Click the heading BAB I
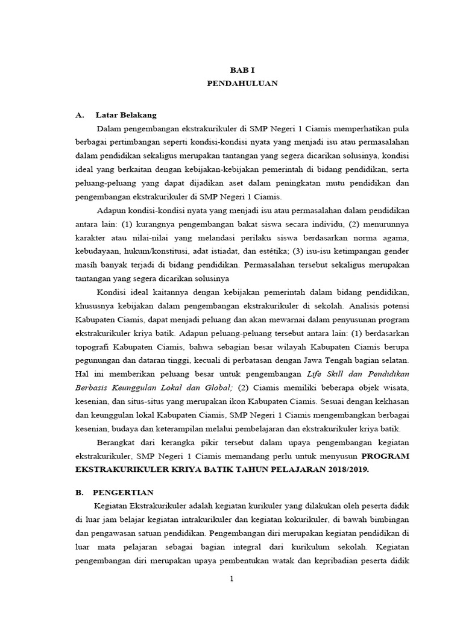pos(242,70)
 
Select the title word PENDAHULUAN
pos(242,84)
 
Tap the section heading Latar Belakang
pos(130,114)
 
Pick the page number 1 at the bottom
pos(231,580)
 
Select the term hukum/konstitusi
pos(151,251)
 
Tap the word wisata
pos(397,387)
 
